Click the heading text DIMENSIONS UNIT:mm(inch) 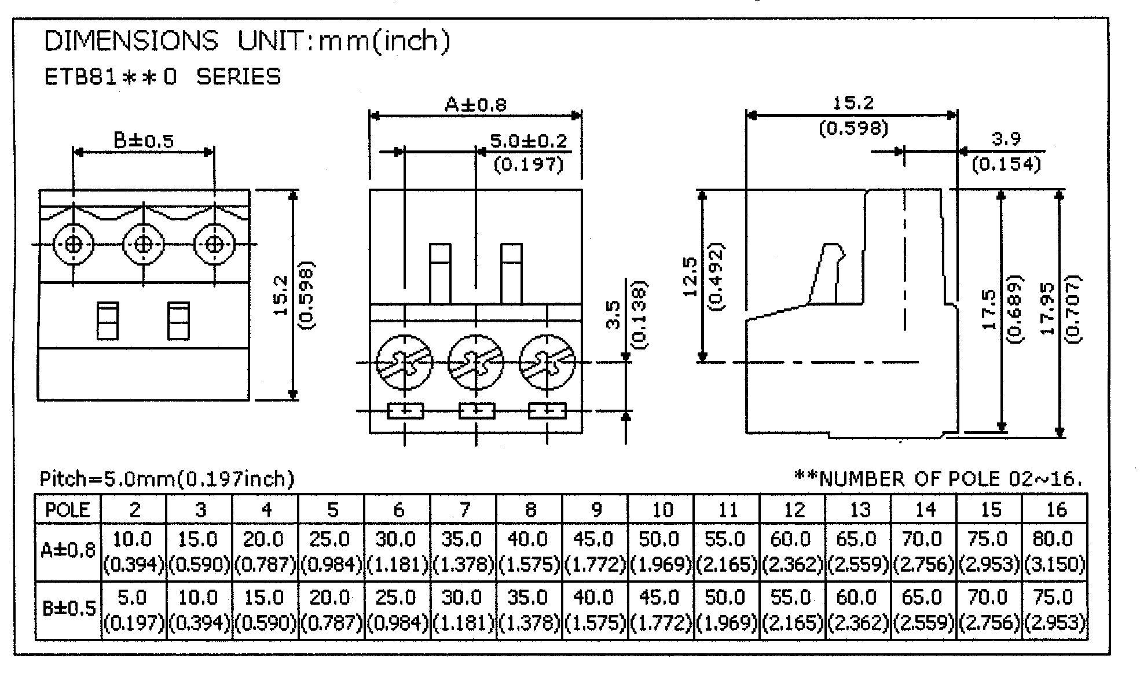[247, 42]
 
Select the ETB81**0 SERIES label [163, 77]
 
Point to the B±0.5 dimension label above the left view [144, 141]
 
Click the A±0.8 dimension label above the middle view [475, 105]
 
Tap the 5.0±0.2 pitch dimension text [529, 141]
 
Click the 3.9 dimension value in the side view [1006, 139]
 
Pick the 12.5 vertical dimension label [691, 277]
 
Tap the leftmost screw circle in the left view [73, 245]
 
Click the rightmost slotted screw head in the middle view [547, 363]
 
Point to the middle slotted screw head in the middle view [476, 363]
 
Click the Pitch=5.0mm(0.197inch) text [167, 479]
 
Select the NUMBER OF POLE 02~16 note [937, 479]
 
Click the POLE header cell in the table [68, 510]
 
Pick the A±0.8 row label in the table [68, 550]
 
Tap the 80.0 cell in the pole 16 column [1053, 540]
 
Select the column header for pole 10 [662, 510]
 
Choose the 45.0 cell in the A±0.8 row [593, 540]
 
